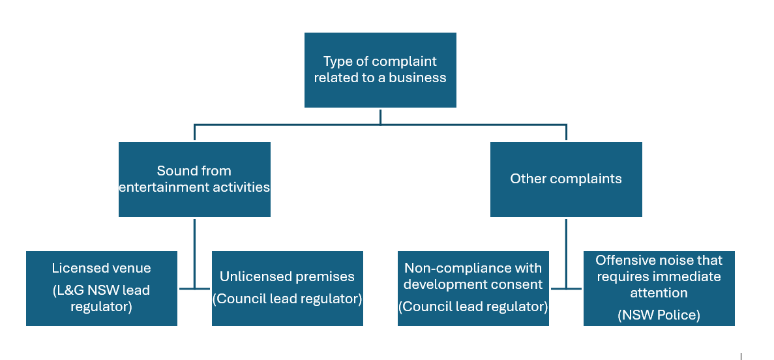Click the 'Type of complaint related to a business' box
coord(380,70)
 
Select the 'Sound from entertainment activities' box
coord(194,179)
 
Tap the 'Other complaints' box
coord(566,179)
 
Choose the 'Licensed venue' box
coord(101,288)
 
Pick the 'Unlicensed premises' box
coord(287,288)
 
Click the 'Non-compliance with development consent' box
coord(473,288)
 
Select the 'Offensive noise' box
coord(659,288)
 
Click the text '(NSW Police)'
coord(659,315)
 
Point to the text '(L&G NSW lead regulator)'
coord(101,298)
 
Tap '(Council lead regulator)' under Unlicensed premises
coord(287,299)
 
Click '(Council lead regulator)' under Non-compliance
coord(473,306)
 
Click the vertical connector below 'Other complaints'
coord(566,251)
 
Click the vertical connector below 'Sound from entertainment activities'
coord(194,251)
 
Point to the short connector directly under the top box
coord(380,115)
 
